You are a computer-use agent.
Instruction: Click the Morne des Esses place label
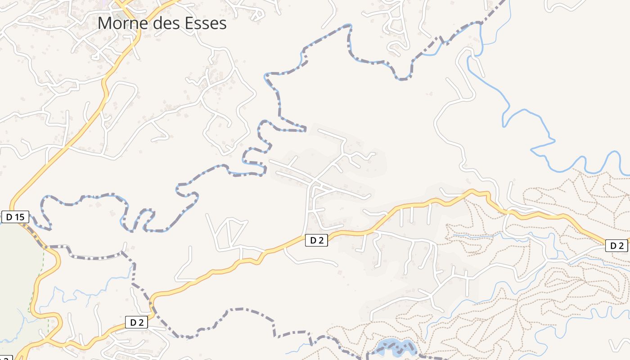coord(162,23)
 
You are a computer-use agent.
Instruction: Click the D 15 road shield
coord(15,217)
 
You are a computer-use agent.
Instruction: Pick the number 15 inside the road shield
coord(19,217)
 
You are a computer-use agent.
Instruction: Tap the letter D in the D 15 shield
coord(9,217)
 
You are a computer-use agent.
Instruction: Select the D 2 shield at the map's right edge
coord(616,246)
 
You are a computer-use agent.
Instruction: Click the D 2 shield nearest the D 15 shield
coord(137,322)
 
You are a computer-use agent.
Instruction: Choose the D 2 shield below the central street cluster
coord(316,240)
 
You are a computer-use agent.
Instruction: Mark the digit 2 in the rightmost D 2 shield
coord(621,246)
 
